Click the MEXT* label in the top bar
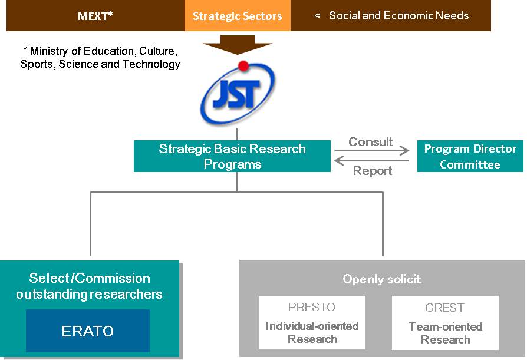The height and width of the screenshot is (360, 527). pos(95,16)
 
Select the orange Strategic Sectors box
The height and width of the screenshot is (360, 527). pos(238,16)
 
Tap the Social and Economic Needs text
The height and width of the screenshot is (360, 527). pos(399,15)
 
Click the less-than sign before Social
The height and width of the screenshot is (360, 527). pos(317,15)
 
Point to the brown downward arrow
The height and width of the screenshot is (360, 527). pos(238,45)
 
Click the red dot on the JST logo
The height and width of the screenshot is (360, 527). pos(243,66)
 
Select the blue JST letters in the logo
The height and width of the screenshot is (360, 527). pos(236,94)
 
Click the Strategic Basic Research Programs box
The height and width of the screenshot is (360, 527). pos(232,156)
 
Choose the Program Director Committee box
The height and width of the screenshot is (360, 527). pos(470,156)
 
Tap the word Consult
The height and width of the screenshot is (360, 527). pos(370,142)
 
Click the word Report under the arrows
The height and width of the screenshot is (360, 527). pos(373,171)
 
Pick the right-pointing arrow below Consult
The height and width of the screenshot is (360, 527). pos(372,150)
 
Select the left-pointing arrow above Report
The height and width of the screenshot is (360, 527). pos(372,160)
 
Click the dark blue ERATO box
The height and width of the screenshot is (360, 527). pos(88,331)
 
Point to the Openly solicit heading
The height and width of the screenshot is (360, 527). pos(382,279)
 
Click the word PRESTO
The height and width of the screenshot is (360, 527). pos(312,307)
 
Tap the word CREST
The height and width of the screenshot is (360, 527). pos(444,308)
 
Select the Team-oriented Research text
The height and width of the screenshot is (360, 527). pos(446,333)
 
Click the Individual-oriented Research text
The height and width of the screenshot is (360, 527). pos(312,332)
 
